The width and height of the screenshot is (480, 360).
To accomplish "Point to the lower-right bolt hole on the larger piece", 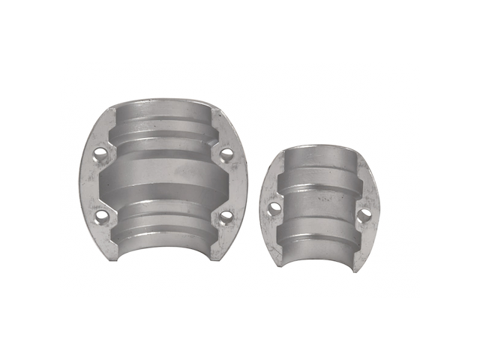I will tap(224, 217).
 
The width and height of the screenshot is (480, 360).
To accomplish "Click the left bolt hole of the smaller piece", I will tap(275, 205).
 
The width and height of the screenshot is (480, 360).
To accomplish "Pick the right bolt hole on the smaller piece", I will tap(364, 215).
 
